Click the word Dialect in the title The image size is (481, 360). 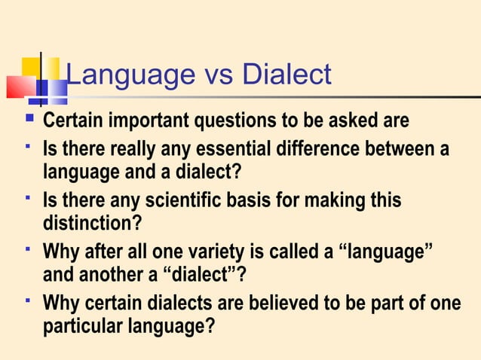pos(286,75)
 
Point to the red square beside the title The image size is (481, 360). pos(20,87)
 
